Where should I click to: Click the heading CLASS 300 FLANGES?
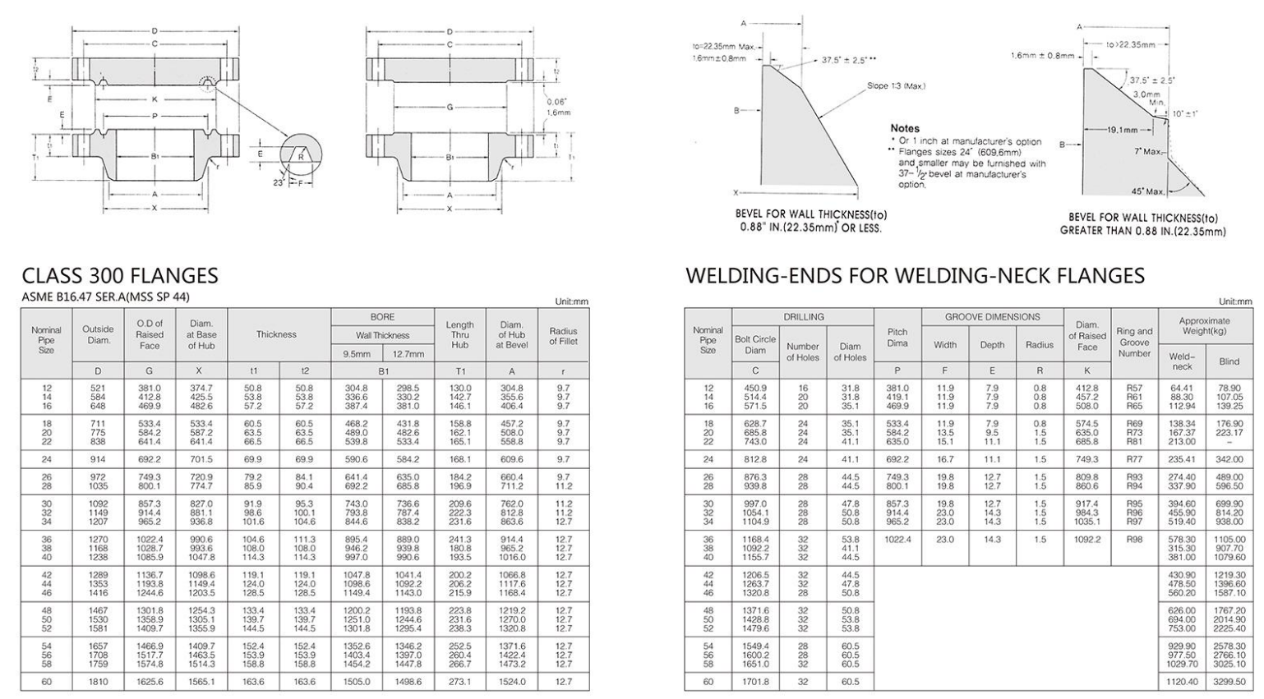(x=120, y=276)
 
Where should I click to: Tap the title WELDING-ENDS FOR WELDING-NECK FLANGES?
(x=915, y=276)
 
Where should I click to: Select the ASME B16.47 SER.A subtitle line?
(x=105, y=297)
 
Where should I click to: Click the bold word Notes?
(x=905, y=129)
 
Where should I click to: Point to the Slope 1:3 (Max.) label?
(x=896, y=86)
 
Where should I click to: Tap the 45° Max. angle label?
(x=1148, y=191)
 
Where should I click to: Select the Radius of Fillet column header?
(x=563, y=335)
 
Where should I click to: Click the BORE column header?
(x=382, y=317)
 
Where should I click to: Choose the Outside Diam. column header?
(x=99, y=334)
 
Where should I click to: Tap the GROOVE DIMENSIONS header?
(x=992, y=317)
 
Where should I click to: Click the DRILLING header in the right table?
(x=803, y=317)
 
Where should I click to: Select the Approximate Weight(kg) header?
(x=1204, y=325)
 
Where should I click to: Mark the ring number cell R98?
(x=1134, y=540)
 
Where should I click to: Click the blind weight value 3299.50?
(x=1229, y=682)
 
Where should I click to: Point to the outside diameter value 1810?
(x=99, y=682)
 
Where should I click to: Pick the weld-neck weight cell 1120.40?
(x=1183, y=682)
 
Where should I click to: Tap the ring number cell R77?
(x=1134, y=459)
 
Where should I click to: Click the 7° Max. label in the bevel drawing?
(x=1148, y=152)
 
